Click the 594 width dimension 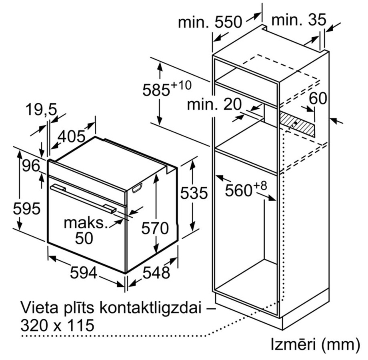[x=84, y=273]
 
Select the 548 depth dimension [x=156, y=273]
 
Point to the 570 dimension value [x=155, y=228]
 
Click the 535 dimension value [x=194, y=193]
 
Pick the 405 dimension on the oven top [x=72, y=136]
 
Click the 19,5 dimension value [x=41, y=109]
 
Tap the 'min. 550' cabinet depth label [x=210, y=22]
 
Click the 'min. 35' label [x=299, y=20]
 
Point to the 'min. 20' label [x=214, y=104]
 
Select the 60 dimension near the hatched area [x=318, y=98]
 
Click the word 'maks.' [x=86, y=223]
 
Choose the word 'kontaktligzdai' [x=150, y=308]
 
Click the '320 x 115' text [x=58, y=325]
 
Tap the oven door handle [x=83, y=197]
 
